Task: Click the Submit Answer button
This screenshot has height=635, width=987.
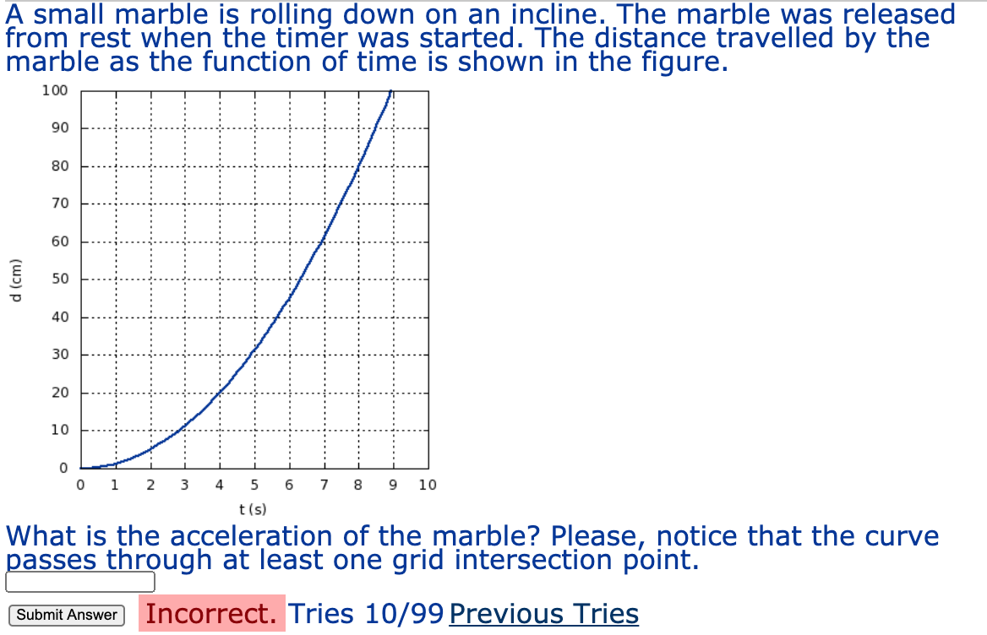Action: click(67, 615)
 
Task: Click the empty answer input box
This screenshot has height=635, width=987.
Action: click(80, 582)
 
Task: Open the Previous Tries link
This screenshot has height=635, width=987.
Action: click(543, 614)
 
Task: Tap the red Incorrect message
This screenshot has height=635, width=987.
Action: click(212, 614)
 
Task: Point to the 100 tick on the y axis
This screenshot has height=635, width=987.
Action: click(55, 90)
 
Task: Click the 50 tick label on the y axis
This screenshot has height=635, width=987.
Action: click(59, 280)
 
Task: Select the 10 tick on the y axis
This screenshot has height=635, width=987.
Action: click(59, 431)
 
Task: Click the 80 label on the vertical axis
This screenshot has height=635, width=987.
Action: click(59, 166)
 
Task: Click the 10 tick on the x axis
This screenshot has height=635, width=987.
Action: click(428, 486)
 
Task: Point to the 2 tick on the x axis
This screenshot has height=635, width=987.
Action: click(150, 486)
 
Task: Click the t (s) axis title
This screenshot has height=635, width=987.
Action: click(253, 509)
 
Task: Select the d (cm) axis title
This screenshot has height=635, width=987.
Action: click(15, 279)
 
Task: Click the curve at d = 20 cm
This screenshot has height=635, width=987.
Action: click(220, 393)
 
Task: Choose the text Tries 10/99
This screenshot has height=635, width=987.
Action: click(366, 614)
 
